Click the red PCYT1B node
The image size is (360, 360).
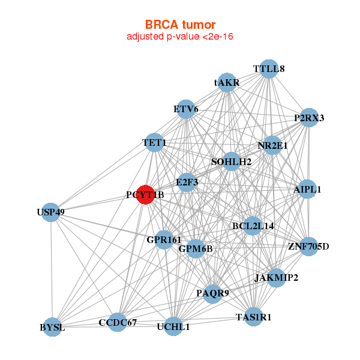[145, 194]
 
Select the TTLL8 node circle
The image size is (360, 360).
[269, 69]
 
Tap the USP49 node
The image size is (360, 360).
[51, 212]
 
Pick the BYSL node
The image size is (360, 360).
[52, 327]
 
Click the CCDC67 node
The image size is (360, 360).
[118, 322]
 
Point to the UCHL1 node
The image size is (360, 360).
[173, 326]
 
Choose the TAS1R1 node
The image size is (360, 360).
[253, 317]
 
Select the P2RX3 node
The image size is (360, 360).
[309, 118]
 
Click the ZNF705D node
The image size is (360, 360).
[308, 247]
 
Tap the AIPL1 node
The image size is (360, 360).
[307, 189]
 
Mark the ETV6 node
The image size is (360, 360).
[186, 109]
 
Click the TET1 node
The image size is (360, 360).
[154, 143]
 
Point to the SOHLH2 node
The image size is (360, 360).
[232, 161]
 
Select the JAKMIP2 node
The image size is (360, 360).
[276, 278]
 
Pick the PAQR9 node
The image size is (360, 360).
[213, 294]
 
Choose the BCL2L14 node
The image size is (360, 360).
[253, 226]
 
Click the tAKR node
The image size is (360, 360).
[227, 83]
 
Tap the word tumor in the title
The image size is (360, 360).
[199, 25]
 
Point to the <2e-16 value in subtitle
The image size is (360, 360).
[218, 37]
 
